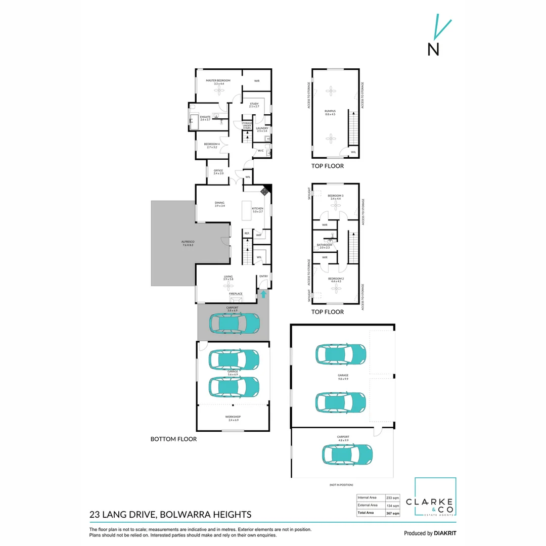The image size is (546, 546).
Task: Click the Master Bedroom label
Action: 218,81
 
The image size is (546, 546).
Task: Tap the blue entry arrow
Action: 263,294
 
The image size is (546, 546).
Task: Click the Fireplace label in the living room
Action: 236,294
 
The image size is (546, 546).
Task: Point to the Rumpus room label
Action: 330,113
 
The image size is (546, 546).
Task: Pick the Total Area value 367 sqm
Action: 393,513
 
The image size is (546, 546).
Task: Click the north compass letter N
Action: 433,49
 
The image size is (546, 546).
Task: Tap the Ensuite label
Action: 205,118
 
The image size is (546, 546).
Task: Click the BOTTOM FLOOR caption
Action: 173,439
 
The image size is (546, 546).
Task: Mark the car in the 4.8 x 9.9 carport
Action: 348,454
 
